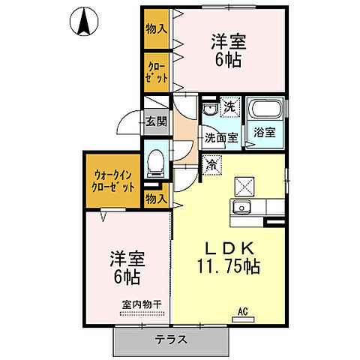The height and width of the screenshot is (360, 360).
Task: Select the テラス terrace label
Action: click(x=172, y=340)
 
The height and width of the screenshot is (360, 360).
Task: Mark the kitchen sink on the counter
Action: click(x=241, y=208)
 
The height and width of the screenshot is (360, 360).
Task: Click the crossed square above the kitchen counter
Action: click(x=244, y=183)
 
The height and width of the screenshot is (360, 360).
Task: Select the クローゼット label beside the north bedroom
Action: click(x=157, y=72)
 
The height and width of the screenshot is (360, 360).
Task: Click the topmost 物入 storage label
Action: click(x=157, y=29)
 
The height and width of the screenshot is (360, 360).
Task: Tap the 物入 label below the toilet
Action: click(x=156, y=198)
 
